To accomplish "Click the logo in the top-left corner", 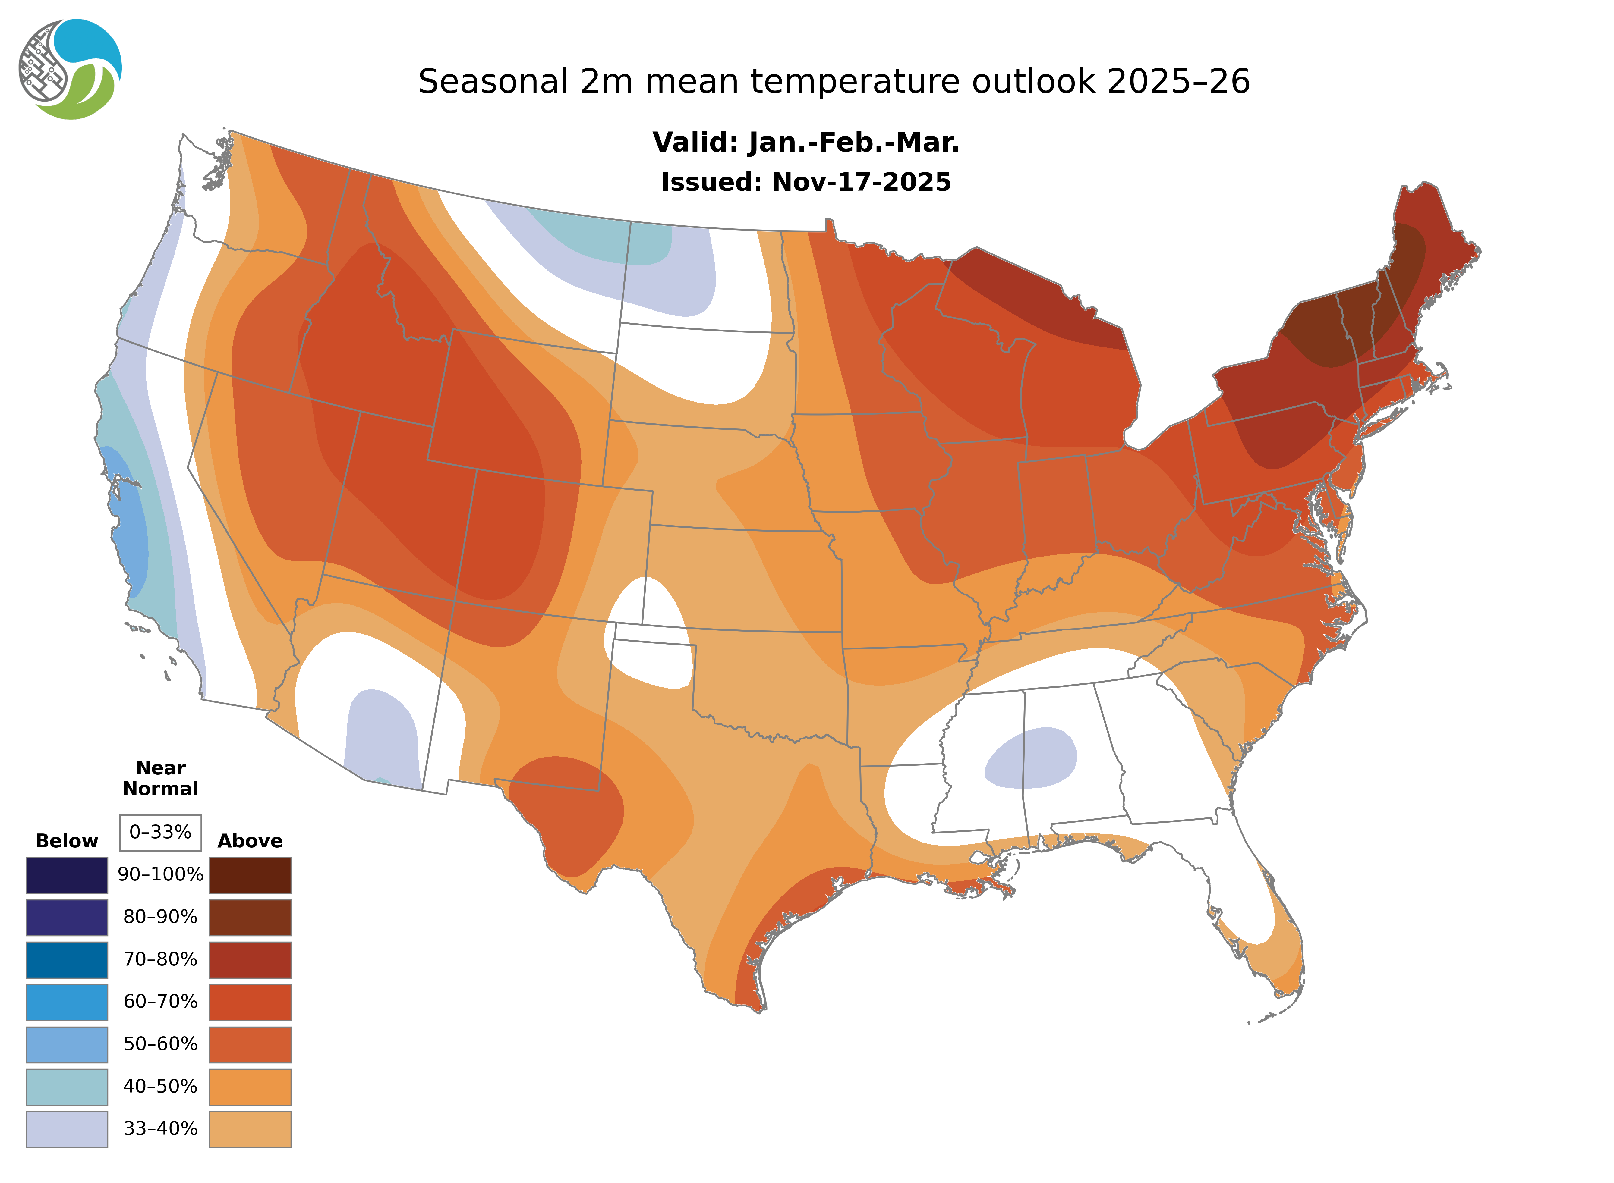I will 70,70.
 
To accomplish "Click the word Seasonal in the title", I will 493,82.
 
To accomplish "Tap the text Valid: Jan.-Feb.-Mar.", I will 806,143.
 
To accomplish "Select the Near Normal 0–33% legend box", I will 160,832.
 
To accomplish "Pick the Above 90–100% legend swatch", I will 250,875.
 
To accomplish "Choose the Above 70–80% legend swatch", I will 250,960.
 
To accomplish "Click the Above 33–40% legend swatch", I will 250,1128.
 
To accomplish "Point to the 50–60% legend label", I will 160,1044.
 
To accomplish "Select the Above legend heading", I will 250,841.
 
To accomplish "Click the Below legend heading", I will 67,841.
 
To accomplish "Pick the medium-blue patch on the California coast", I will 129,516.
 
